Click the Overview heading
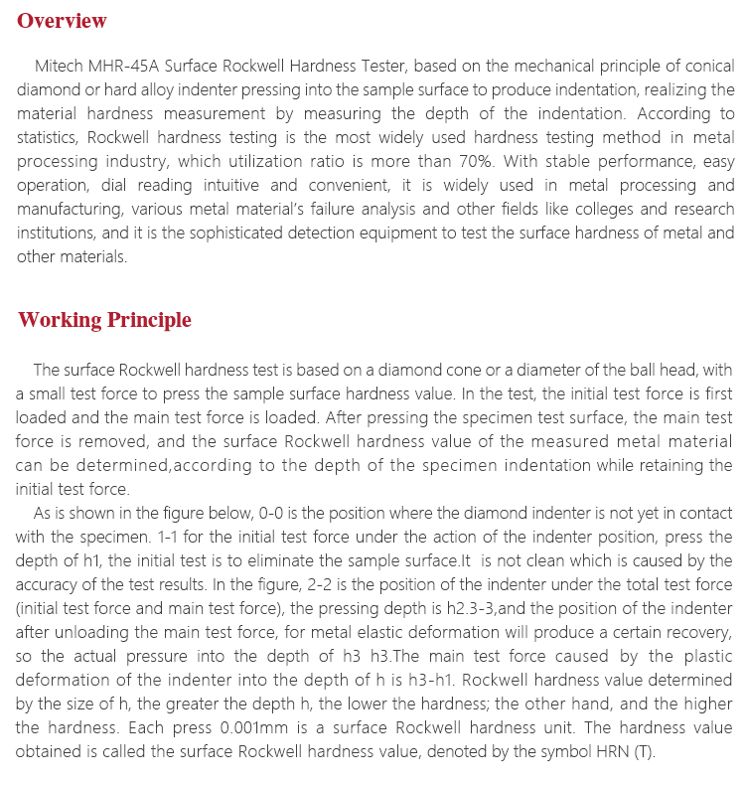(x=62, y=21)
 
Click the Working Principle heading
(x=104, y=320)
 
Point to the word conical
(x=706, y=67)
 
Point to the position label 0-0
(x=274, y=513)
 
